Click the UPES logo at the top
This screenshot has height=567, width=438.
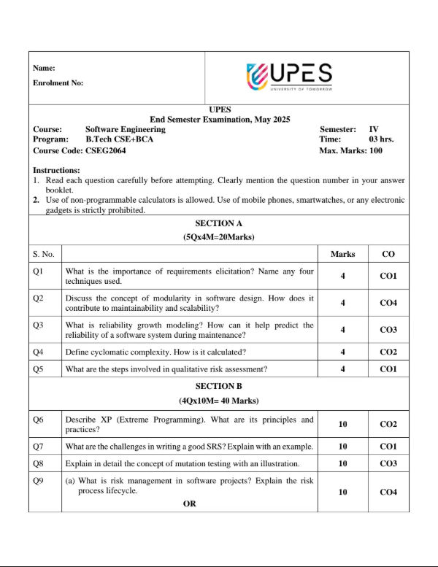(x=290, y=76)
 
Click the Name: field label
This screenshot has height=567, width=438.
(x=44, y=68)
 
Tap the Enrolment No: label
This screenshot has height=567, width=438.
(x=58, y=83)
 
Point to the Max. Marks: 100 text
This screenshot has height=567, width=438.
(x=350, y=150)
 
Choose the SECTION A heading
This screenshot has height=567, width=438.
(x=218, y=223)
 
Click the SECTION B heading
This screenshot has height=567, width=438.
(x=218, y=386)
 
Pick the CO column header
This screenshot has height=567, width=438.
(x=388, y=254)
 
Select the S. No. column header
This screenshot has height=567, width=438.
(x=44, y=254)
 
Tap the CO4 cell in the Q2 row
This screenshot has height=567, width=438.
(x=388, y=303)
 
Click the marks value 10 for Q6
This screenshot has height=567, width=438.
(x=342, y=424)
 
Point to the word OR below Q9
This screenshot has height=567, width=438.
(x=189, y=504)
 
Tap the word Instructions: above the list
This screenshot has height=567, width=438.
(x=56, y=170)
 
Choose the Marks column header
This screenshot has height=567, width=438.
(x=342, y=254)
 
